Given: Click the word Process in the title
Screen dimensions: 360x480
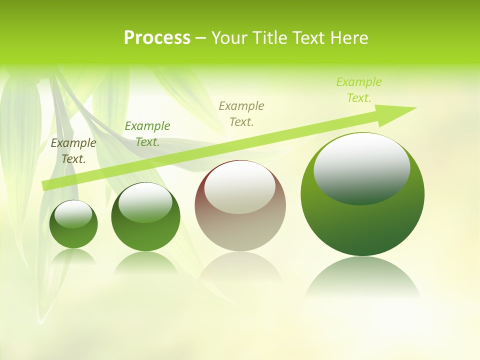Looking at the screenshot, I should [x=157, y=38].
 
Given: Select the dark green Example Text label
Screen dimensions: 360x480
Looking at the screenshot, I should [x=147, y=133].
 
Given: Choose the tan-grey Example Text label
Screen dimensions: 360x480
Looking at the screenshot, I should [x=241, y=113].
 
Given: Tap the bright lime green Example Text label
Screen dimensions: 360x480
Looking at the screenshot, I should [x=359, y=89].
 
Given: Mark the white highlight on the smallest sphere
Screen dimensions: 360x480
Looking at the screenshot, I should [x=73, y=213].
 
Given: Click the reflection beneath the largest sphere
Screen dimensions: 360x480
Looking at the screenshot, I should [x=362, y=280].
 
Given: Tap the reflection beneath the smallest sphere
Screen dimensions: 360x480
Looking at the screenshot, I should [x=73, y=257].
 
